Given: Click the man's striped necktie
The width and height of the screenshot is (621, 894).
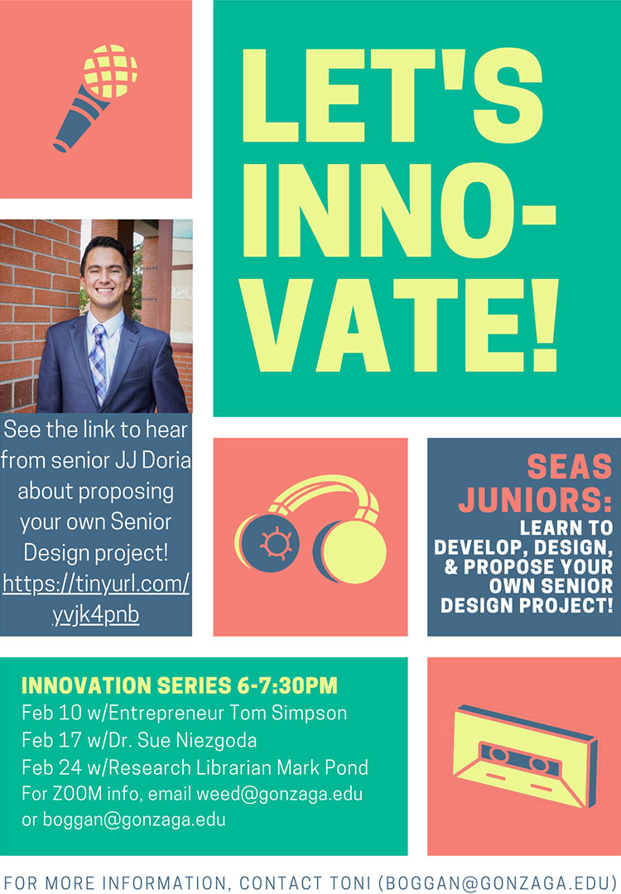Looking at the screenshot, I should (99, 364).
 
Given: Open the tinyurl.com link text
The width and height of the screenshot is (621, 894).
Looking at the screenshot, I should (96, 584).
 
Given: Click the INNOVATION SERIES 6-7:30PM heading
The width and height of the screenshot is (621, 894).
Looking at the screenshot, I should (179, 686).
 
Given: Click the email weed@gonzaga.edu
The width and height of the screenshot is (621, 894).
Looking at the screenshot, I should (279, 795).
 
